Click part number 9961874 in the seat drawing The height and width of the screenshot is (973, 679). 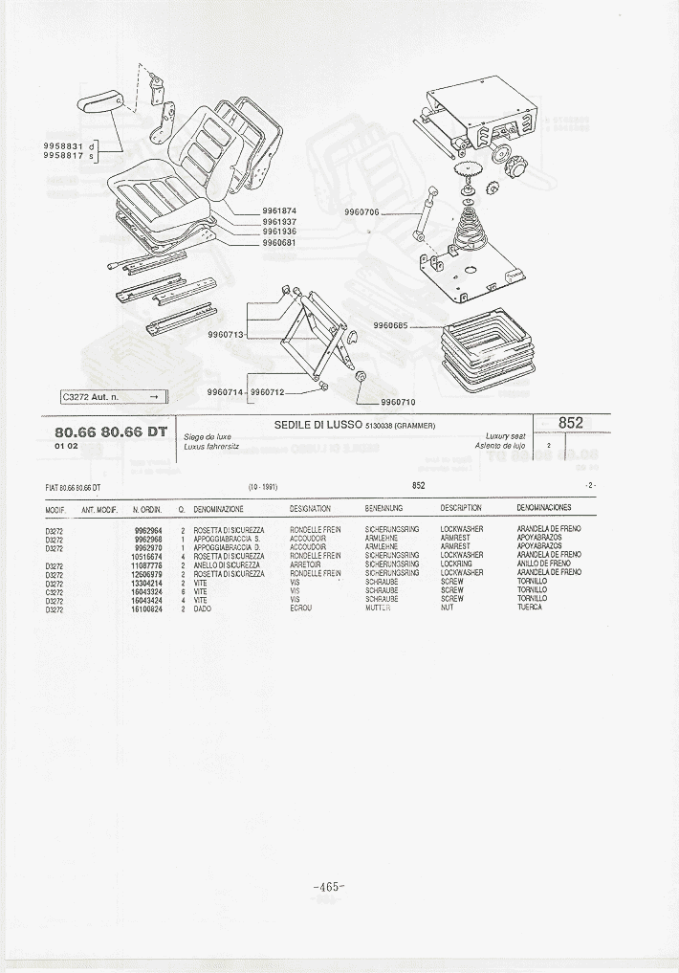(x=279, y=211)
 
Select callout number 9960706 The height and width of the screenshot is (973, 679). (x=361, y=212)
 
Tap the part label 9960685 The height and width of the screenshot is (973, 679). (x=390, y=325)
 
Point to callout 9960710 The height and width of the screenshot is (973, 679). (x=400, y=403)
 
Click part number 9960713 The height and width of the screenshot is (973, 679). (x=226, y=335)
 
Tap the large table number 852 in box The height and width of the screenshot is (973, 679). (x=571, y=423)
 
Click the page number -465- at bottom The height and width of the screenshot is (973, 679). (x=328, y=887)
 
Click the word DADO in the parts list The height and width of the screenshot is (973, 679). (x=202, y=608)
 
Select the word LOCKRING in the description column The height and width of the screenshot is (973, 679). (x=455, y=564)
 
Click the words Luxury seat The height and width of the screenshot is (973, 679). (x=505, y=436)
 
